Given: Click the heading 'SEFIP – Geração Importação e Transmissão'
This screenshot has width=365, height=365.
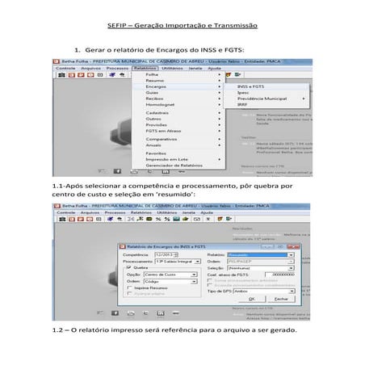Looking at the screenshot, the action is click(182, 26).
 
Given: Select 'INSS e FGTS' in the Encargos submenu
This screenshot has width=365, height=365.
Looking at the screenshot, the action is click(251, 86).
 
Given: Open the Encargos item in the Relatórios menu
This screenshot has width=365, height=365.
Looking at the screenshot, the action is click(157, 86).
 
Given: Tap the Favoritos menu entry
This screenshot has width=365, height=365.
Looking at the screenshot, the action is click(157, 152).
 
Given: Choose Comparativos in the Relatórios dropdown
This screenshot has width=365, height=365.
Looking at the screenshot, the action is click(162, 139).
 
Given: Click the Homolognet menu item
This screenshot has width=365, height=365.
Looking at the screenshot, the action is click(160, 104).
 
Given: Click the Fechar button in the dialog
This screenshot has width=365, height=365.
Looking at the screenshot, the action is click(281, 299).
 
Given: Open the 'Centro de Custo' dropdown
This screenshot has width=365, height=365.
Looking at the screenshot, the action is click(169, 274).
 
